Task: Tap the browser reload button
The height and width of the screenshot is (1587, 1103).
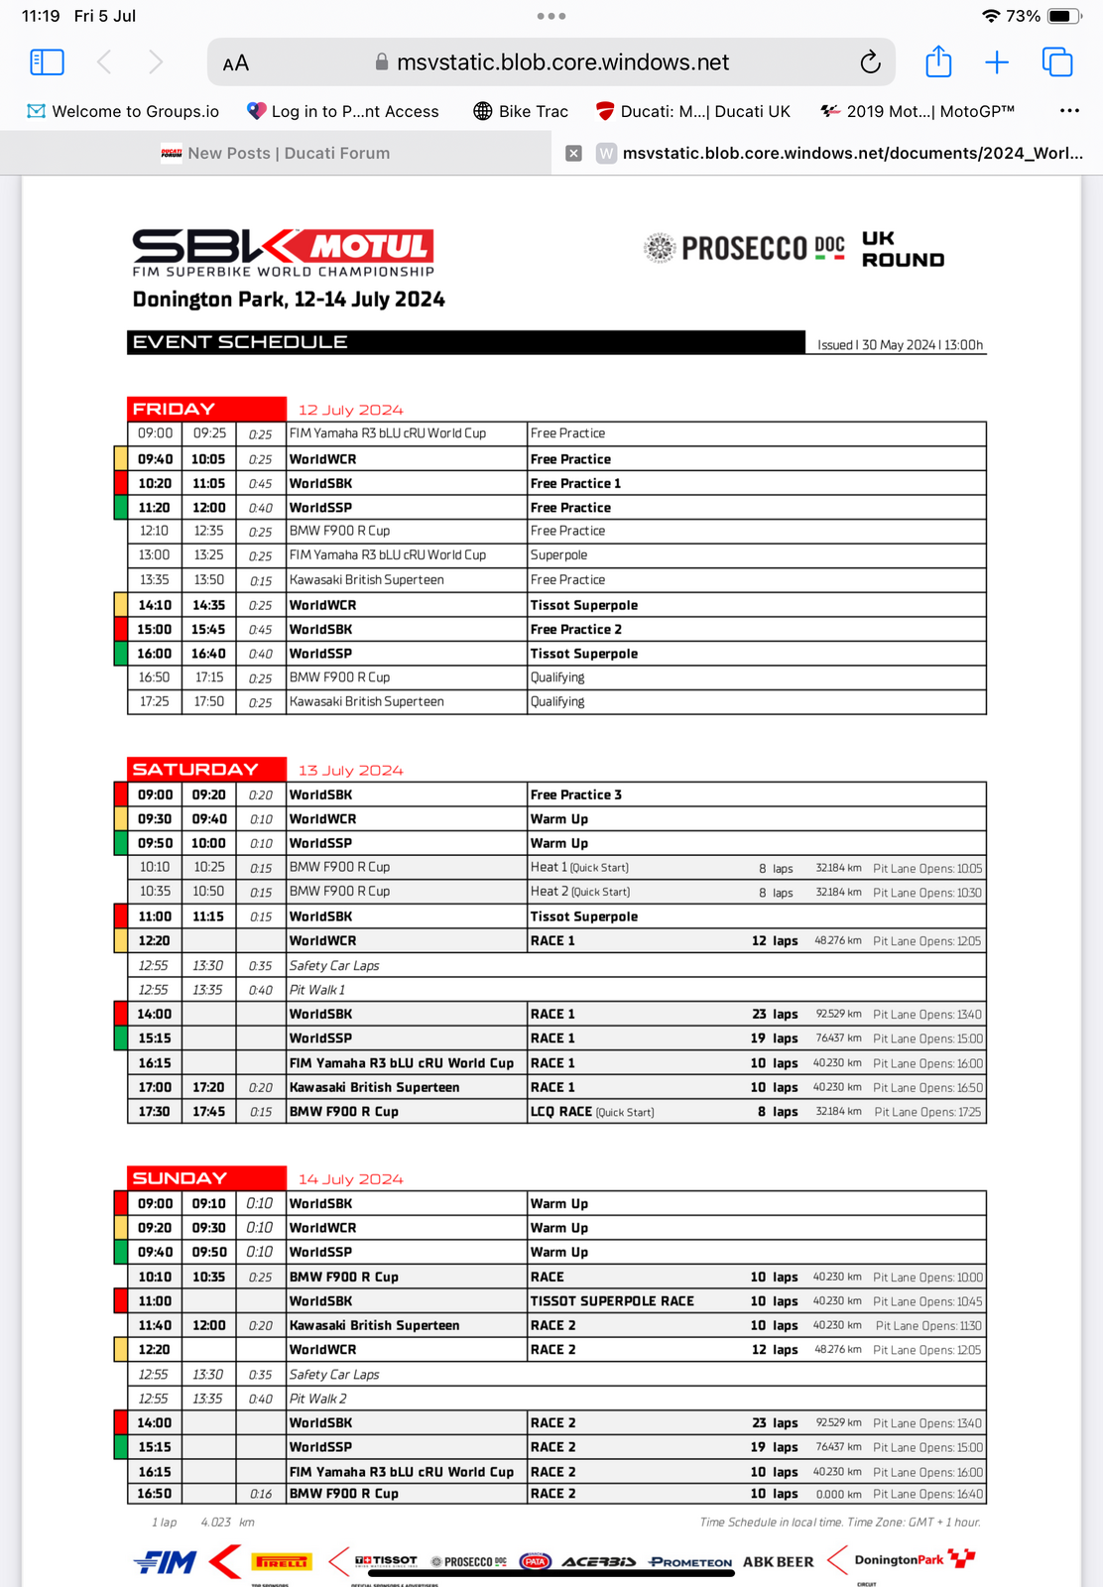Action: [870, 62]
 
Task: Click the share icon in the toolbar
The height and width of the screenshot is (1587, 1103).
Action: [937, 62]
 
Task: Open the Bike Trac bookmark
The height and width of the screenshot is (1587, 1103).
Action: [521, 111]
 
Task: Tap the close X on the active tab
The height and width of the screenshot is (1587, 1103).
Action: [573, 153]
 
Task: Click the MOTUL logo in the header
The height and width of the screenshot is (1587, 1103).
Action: [368, 246]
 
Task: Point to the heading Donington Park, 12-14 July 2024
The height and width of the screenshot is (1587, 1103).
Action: [289, 300]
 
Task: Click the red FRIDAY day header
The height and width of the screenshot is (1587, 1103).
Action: [206, 409]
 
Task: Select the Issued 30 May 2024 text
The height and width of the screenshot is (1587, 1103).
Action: [900, 345]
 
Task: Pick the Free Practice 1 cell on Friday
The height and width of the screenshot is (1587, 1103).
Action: [575, 483]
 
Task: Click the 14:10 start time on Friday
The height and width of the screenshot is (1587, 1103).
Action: [155, 605]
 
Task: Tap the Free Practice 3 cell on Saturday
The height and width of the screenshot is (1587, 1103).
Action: [575, 794]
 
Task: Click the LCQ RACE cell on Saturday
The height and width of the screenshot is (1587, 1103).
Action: [561, 1112]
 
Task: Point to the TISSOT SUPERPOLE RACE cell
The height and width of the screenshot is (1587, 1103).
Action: [612, 1301]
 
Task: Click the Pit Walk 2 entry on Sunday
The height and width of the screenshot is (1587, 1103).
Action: [318, 1399]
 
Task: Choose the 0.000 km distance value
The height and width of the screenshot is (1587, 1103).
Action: [838, 1494]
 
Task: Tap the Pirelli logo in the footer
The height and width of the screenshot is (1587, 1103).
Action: [281, 1562]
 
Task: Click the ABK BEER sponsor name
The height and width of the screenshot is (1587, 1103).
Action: [778, 1561]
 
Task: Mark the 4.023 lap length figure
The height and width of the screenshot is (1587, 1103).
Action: [215, 1522]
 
